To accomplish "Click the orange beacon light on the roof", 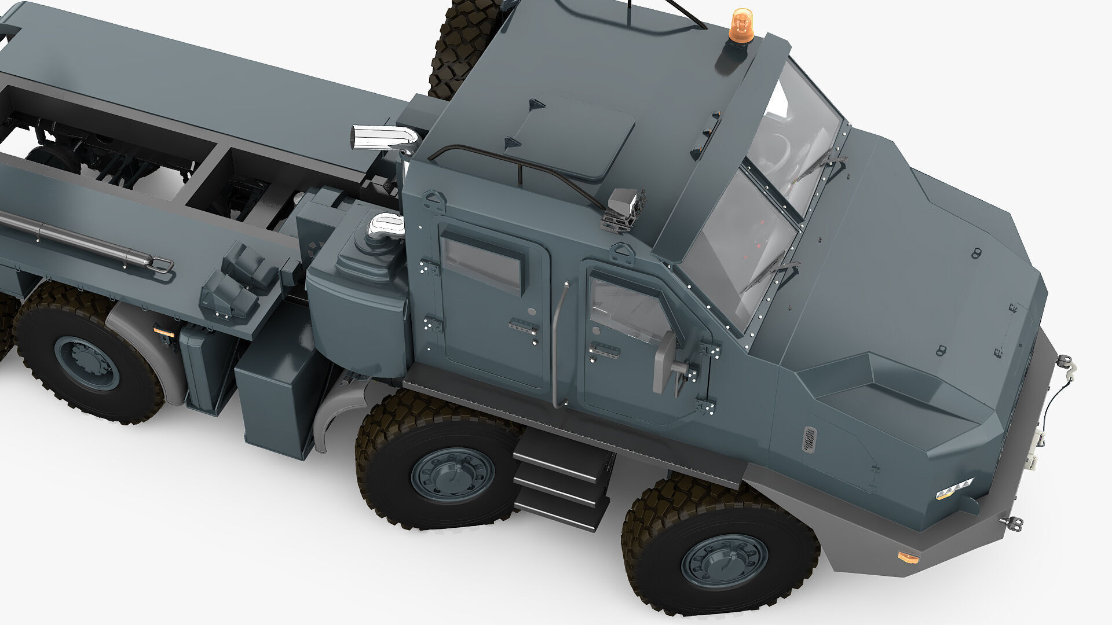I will click(740, 24).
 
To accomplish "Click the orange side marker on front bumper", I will click(907, 557).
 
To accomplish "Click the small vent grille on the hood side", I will click(809, 439).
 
